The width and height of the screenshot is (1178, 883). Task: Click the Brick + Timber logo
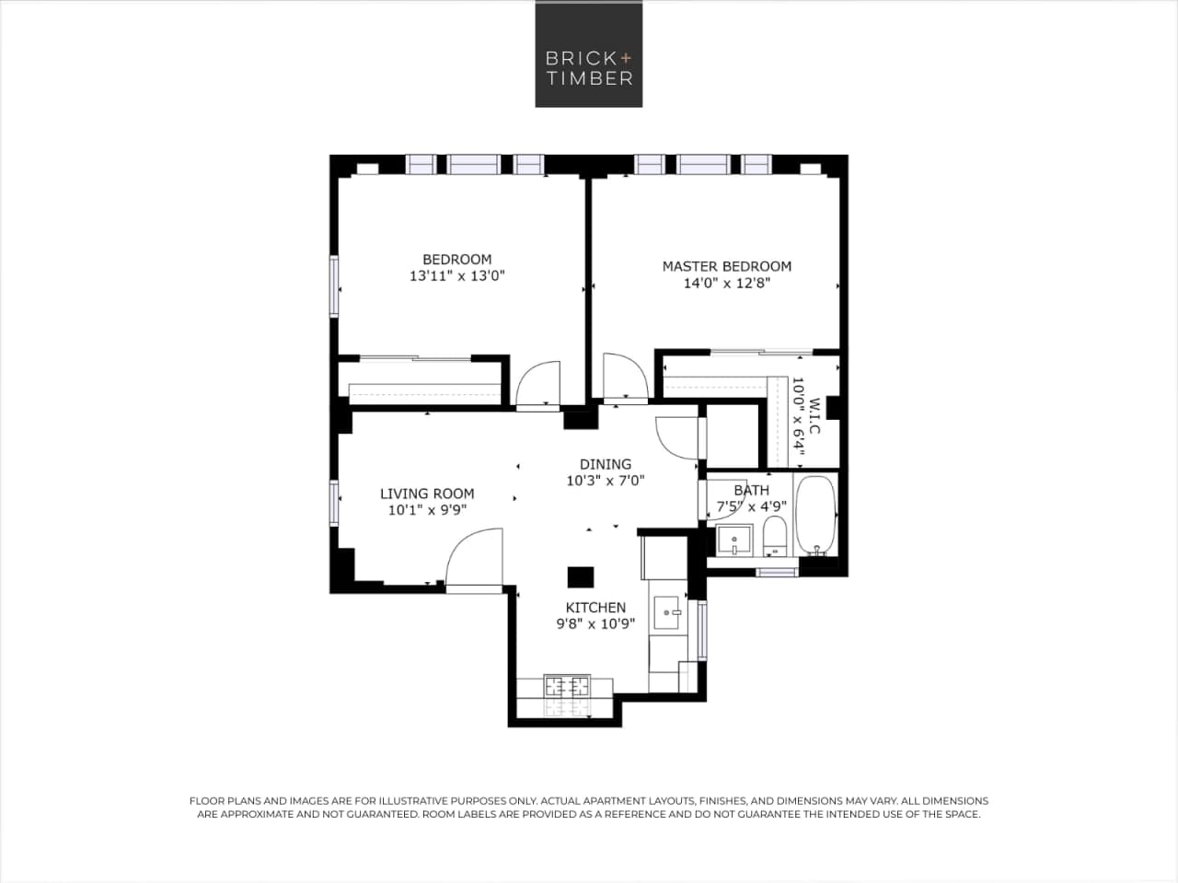click(x=589, y=53)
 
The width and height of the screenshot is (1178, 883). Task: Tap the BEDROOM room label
click(x=456, y=260)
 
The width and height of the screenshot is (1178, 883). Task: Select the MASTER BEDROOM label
click(x=726, y=266)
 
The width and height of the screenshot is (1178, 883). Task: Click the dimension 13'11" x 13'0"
click(x=456, y=275)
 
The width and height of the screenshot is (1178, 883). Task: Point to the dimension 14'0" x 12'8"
click(x=726, y=283)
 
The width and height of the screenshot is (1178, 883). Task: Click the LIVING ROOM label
click(x=427, y=494)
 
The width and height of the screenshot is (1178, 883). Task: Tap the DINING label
click(x=605, y=464)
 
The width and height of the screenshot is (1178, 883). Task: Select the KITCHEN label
click(x=595, y=608)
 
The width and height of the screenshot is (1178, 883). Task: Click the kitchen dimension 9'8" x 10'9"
click(x=595, y=623)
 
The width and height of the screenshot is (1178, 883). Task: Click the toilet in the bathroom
click(x=775, y=537)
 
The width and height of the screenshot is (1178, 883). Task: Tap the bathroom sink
click(x=735, y=540)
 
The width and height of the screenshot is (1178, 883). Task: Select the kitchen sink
click(x=667, y=610)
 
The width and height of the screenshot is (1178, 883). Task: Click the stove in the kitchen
click(x=566, y=686)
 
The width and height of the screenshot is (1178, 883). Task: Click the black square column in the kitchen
click(x=581, y=576)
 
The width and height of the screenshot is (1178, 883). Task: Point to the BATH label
click(x=751, y=490)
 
